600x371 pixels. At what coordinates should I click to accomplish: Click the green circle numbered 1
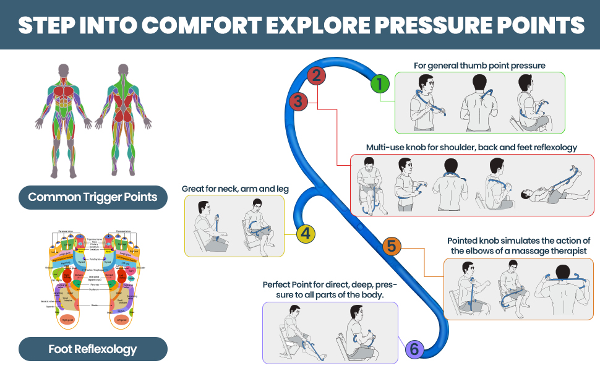[x=380, y=83]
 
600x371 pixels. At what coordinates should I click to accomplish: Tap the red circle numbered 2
[x=316, y=75]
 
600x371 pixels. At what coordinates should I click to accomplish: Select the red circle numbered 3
[x=298, y=101]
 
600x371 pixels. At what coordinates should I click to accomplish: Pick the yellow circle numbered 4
[x=307, y=234]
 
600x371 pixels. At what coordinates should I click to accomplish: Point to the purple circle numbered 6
[x=414, y=350]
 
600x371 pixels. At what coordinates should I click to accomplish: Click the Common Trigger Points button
[x=93, y=198]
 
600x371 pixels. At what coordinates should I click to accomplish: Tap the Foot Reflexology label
[x=93, y=349]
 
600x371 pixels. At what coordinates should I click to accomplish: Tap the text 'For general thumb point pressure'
[x=479, y=65]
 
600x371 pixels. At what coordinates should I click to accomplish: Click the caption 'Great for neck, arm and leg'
[x=236, y=189]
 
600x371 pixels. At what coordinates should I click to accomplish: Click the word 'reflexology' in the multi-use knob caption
[x=552, y=147]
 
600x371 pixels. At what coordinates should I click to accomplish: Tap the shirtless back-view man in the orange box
[x=561, y=288]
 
